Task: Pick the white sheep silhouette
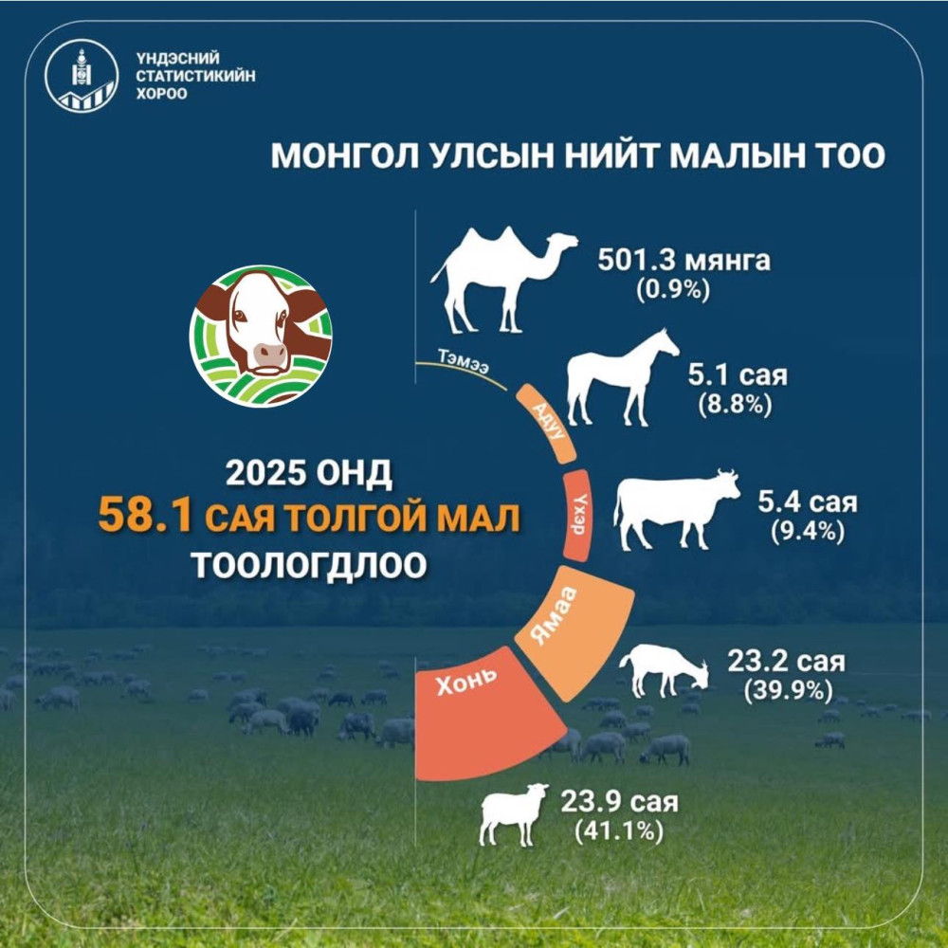514,813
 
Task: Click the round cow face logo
261,336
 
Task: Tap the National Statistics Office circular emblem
81,76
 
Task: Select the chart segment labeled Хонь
483,714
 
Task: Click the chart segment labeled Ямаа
574,631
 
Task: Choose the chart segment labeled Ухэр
576,515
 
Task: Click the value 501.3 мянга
684,261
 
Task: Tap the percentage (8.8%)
735,405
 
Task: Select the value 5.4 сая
808,501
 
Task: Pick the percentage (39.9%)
789,690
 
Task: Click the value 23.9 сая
619,802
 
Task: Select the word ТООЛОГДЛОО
309,565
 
